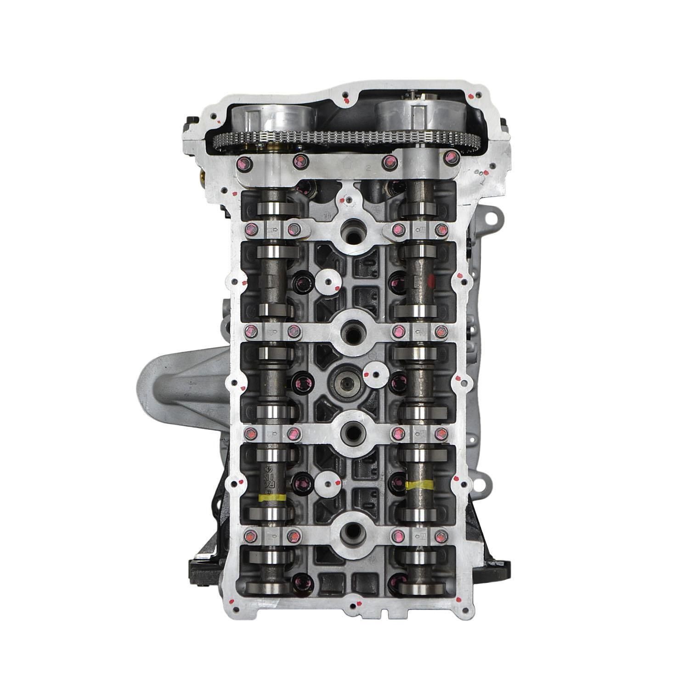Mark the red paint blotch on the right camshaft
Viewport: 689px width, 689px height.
(431, 281)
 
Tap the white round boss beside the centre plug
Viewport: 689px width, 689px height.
(374, 374)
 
